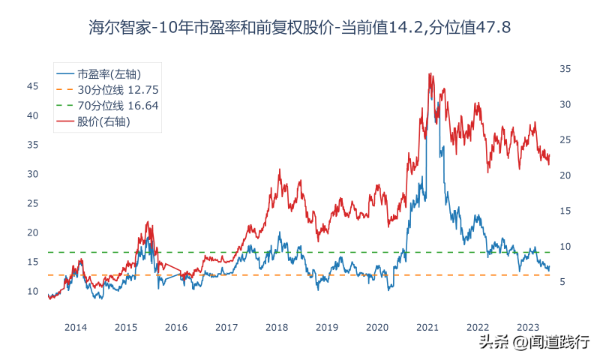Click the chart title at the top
point(300,28)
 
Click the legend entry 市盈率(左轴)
point(109,73)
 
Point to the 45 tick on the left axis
point(33,86)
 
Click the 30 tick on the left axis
point(33,174)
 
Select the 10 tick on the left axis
point(33,291)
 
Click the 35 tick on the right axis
point(566,69)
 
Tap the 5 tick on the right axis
point(563,281)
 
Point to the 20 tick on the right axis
point(566,175)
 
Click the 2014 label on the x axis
point(76,327)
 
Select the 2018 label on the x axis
point(277,327)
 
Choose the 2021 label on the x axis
point(427,327)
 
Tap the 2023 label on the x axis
point(528,327)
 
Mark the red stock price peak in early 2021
point(429,73)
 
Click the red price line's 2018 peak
point(280,170)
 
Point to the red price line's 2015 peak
point(148,223)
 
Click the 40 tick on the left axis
point(33,115)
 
